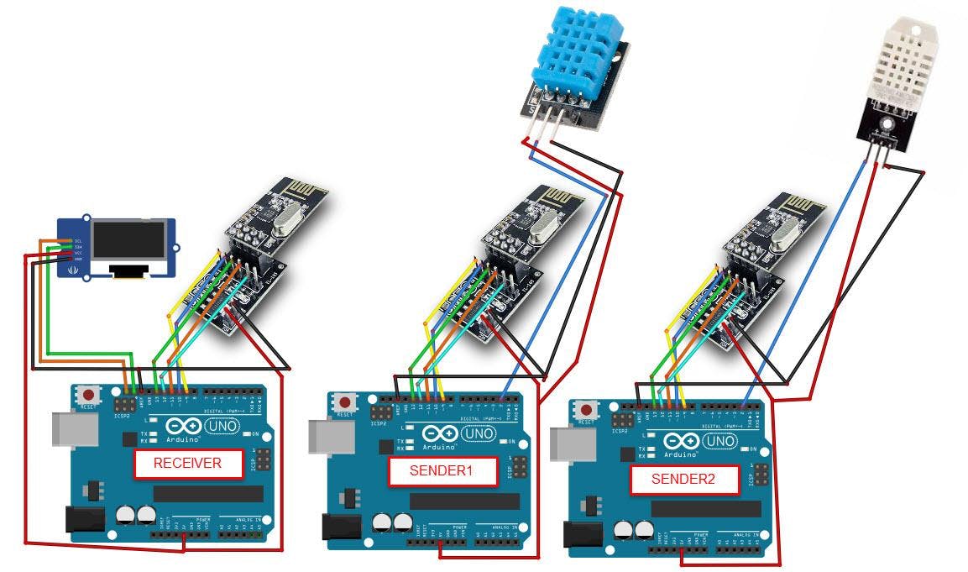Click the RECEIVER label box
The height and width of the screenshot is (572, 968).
(x=187, y=463)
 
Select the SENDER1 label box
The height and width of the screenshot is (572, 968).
(x=442, y=471)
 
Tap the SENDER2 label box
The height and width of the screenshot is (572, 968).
(x=683, y=480)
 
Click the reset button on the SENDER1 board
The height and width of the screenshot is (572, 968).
(x=344, y=403)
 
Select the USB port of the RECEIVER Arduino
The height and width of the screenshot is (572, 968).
(x=69, y=428)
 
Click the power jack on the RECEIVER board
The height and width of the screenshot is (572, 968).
(x=86, y=522)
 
